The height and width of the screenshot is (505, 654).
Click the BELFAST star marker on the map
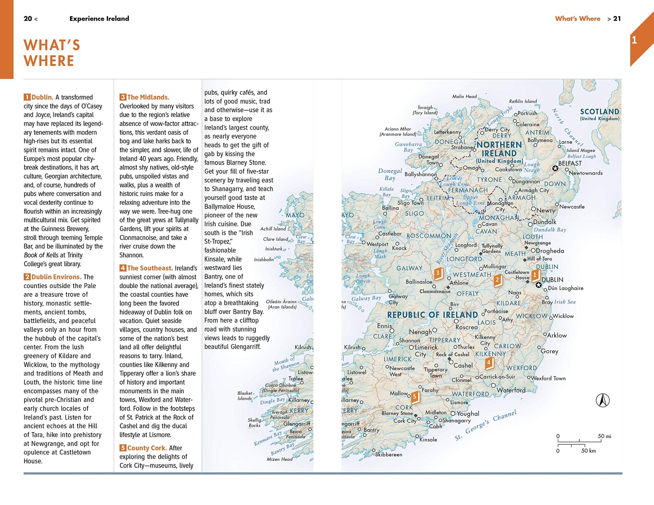[555, 168]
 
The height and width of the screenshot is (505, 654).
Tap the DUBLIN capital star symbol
[538, 285]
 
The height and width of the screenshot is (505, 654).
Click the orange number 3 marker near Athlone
[438, 273]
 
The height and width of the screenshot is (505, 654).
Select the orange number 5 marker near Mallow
[415, 397]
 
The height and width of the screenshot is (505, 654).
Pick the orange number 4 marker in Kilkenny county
[489, 363]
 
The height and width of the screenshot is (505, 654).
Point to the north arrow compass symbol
[603, 400]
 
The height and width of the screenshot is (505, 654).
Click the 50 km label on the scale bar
[588, 451]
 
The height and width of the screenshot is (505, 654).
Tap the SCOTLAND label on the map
[600, 112]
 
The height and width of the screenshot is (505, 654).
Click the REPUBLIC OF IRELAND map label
[433, 315]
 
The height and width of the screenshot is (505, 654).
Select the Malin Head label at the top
[464, 97]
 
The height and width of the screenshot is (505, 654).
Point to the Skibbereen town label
[389, 455]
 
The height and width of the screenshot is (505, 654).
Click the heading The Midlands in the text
[148, 97]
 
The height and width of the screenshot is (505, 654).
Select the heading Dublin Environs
[56, 277]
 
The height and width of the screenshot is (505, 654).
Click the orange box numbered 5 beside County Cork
[123, 448]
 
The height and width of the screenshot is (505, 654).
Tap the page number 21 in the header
[617, 19]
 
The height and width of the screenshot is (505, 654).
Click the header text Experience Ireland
[99, 19]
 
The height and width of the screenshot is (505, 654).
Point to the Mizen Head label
[280, 459]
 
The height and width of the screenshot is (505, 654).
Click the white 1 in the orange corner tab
[634, 40]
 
